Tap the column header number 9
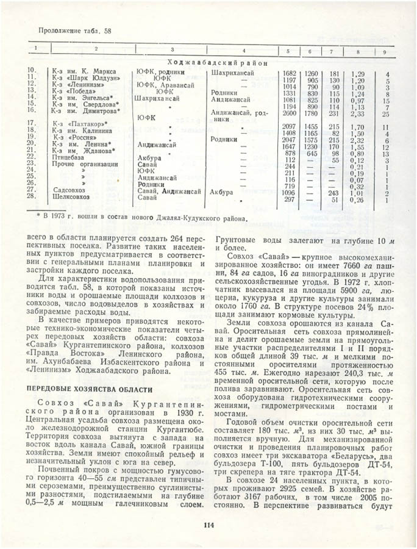[385, 49]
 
